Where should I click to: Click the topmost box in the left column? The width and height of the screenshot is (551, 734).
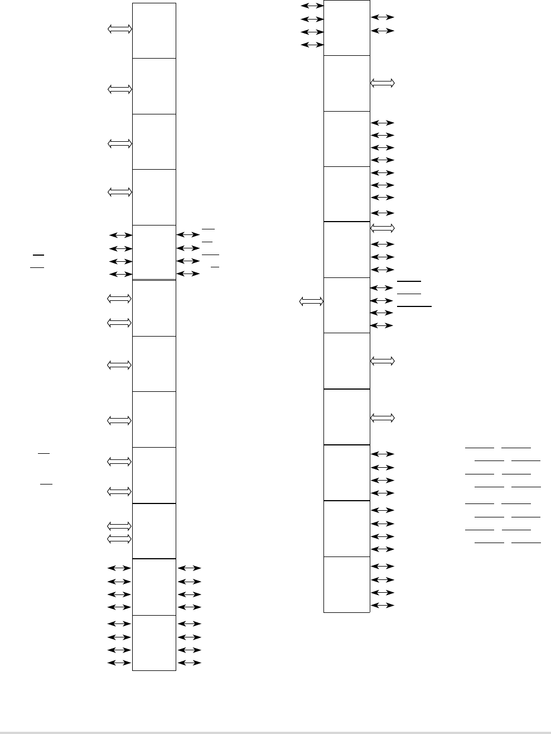(x=154, y=31)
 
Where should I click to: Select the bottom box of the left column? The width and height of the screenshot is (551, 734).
(x=154, y=642)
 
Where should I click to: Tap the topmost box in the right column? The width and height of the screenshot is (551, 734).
(x=347, y=28)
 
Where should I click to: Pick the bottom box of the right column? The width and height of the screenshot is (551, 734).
(x=347, y=584)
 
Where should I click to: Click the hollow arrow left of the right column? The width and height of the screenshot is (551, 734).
(x=311, y=302)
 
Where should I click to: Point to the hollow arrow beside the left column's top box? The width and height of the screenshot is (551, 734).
(x=120, y=29)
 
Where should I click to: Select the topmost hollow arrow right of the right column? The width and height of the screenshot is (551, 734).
(x=382, y=83)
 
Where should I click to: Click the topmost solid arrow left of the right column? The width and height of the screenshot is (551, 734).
(x=312, y=6)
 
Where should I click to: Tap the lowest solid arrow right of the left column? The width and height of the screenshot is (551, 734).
(x=189, y=663)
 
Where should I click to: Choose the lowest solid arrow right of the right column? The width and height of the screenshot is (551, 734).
(x=382, y=606)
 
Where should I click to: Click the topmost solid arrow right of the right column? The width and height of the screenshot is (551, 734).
(x=382, y=18)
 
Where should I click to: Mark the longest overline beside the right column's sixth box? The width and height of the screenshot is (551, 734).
(x=414, y=306)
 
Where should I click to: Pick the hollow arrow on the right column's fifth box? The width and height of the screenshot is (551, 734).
(x=382, y=228)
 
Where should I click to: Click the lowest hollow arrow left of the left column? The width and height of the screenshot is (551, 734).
(x=119, y=539)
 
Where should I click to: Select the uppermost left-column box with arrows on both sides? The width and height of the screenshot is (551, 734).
(x=154, y=252)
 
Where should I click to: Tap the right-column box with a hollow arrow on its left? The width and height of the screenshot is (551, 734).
(x=347, y=305)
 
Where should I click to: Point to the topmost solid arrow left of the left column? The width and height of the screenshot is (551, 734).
(x=120, y=235)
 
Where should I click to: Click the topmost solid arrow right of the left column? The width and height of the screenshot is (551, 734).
(x=187, y=235)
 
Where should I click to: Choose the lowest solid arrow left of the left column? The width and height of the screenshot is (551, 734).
(x=119, y=663)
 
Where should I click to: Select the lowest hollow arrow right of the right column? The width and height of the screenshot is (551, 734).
(x=382, y=418)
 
